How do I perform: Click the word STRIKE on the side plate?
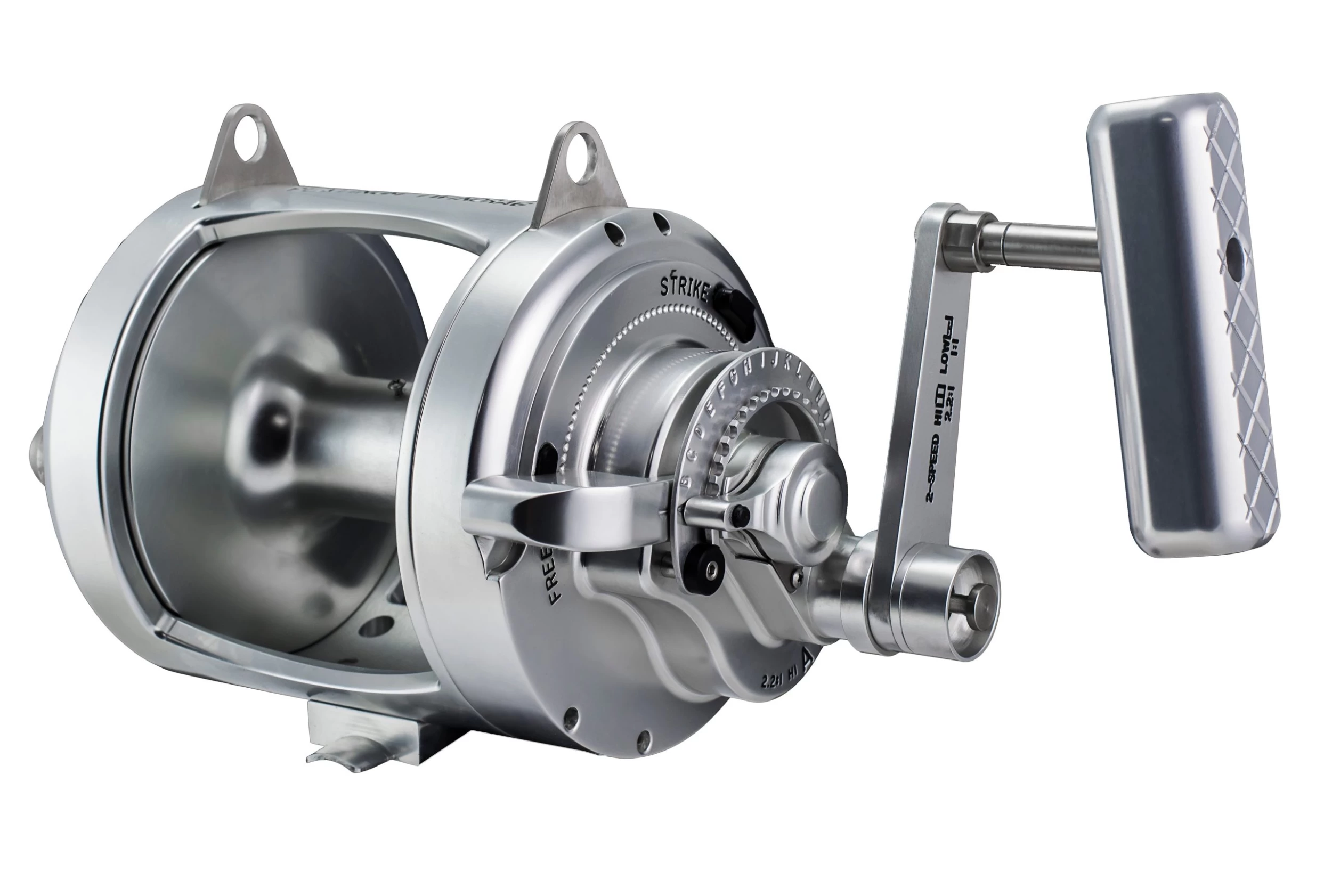click(x=685, y=289)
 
